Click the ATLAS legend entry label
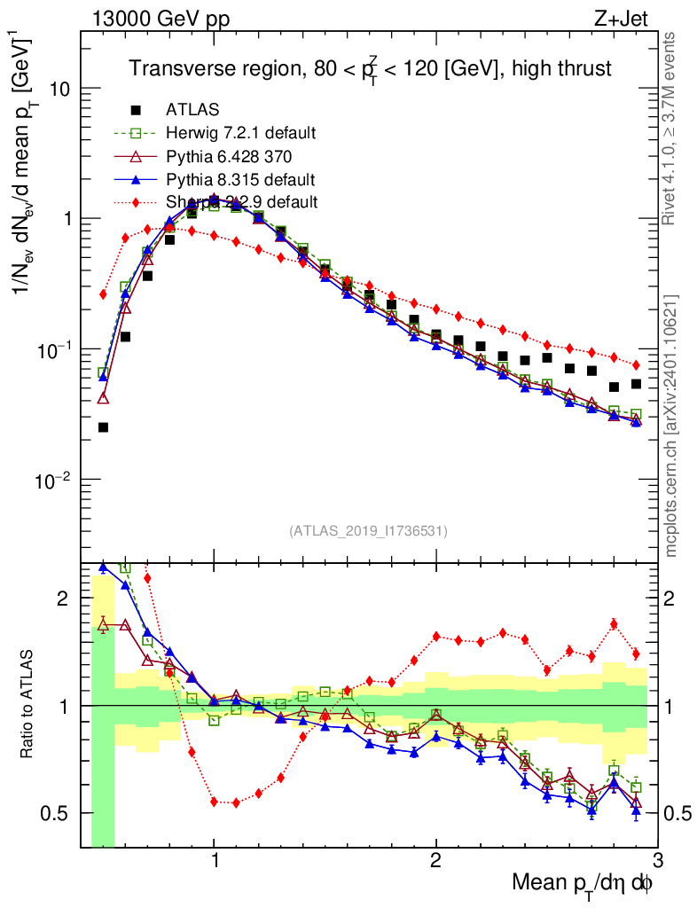pos(192,110)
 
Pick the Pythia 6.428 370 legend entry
pos(229,156)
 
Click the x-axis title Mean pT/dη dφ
pos(583,884)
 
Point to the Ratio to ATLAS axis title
pos(29,705)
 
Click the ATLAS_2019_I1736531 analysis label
pos(368,531)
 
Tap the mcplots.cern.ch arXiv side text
pos(671,426)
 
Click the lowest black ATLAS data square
pos(103,427)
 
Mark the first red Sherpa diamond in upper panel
pos(103,294)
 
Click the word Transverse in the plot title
pos(170,67)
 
